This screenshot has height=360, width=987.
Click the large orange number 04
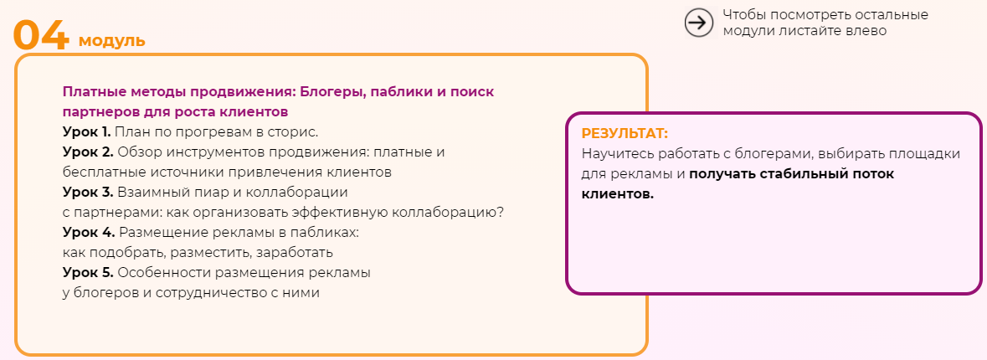tap(41, 35)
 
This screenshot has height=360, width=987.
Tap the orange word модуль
tap(112, 40)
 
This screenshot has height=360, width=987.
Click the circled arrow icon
tap(698, 23)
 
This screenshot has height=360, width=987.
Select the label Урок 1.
tap(86, 131)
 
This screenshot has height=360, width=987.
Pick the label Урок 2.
tap(87, 152)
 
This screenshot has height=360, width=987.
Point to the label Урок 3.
tap(87, 192)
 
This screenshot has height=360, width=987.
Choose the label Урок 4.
tap(88, 232)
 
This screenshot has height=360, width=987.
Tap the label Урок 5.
tap(87, 272)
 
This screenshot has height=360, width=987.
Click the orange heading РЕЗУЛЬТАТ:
tap(625, 134)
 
